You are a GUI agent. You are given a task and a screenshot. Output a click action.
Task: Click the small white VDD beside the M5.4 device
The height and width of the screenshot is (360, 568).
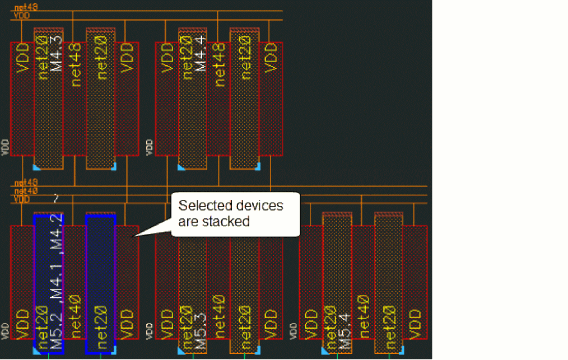(293, 330)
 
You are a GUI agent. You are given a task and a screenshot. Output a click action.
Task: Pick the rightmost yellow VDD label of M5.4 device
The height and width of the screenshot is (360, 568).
(415, 322)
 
